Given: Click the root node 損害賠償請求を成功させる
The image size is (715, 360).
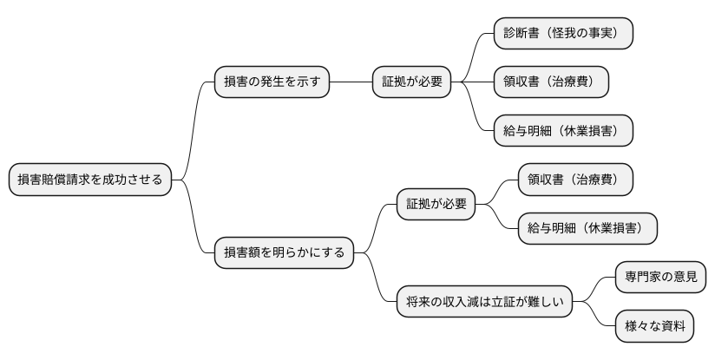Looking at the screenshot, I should pyautogui.click(x=90, y=180).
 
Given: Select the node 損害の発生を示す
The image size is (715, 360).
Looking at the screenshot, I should pyautogui.click(x=272, y=82).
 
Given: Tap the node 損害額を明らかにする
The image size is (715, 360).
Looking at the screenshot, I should pyautogui.click(x=285, y=253).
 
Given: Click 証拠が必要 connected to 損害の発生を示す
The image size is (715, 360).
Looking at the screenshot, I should pyautogui.click(x=413, y=82).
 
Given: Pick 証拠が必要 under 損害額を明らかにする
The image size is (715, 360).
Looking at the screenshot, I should pyautogui.click(x=437, y=205).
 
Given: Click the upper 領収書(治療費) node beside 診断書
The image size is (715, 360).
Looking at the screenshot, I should pyautogui.click(x=551, y=82).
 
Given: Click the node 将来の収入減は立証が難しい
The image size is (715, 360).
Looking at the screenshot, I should pyautogui.click(x=485, y=303).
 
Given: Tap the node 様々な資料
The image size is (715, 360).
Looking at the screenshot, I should pyautogui.click(x=655, y=327).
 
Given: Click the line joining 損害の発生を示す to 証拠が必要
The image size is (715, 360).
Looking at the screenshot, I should pyautogui.click(x=351, y=82).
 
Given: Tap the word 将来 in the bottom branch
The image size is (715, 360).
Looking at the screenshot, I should pyautogui.click(x=419, y=303).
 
